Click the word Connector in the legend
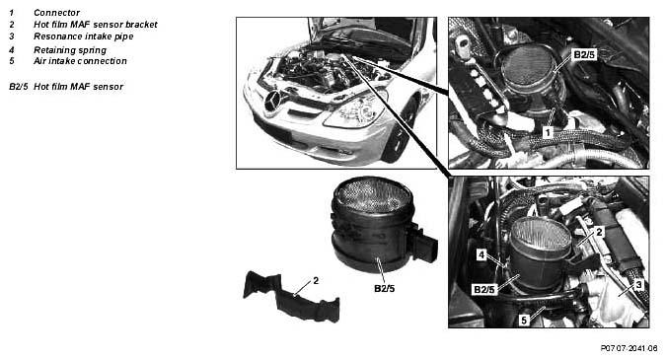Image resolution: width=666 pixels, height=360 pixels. click(x=56, y=13)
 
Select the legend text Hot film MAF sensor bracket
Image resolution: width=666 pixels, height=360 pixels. click(x=95, y=25)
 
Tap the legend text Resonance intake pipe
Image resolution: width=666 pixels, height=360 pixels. click(x=83, y=36)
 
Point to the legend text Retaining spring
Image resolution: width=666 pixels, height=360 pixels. click(x=70, y=50)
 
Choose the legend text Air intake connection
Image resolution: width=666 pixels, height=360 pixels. click(x=80, y=61)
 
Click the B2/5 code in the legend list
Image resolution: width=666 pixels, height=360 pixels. click(x=19, y=87)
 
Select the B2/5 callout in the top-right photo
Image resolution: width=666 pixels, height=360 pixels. click(x=584, y=55)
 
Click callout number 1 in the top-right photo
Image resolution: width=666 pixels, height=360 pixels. click(x=548, y=133)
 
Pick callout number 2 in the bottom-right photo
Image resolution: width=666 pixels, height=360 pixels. click(x=599, y=232)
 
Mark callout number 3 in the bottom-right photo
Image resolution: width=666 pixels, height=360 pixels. click(x=638, y=285)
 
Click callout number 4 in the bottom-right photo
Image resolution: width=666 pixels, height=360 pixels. click(x=481, y=254)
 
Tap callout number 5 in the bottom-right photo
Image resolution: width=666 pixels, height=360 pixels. click(x=524, y=321)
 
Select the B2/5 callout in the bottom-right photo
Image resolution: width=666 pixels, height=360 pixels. click(x=484, y=290)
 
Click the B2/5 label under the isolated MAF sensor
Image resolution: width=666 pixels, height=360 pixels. click(x=385, y=289)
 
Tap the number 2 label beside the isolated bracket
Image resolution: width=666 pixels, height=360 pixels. click(x=316, y=281)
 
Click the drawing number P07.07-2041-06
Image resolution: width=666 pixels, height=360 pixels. click(x=629, y=348)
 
